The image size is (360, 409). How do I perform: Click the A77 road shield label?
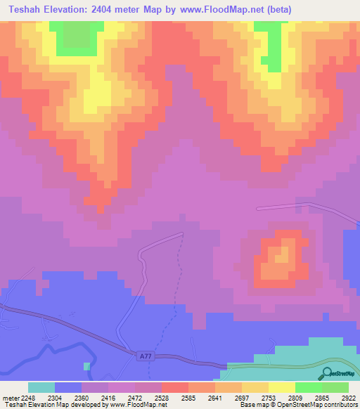click(143, 356)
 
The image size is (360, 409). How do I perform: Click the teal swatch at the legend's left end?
click(41, 387)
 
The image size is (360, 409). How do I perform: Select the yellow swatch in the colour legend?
click(281, 387)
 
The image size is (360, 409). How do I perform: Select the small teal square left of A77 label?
click(86, 366)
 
